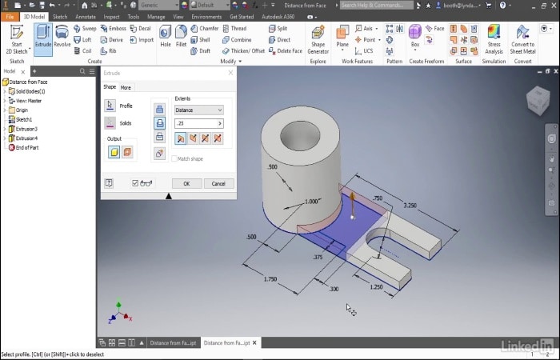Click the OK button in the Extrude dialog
pyautogui.click(x=186, y=183)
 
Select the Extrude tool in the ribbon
pyautogui.click(x=43, y=36)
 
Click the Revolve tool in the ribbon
pyautogui.click(x=62, y=36)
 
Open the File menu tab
pyautogui.click(x=10, y=16)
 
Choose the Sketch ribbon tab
pyautogui.click(x=60, y=16)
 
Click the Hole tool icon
pyautogui.click(x=166, y=36)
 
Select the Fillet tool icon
pyautogui.click(x=182, y=36)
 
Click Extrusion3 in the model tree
pyautogui.click(x=26, y=129)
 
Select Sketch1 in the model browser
pyautogui.click(x=24, y=119)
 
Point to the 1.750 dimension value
pyautogui.click(x=270, y=279)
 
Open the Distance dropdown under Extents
pyautogui.click(x=198, y=110)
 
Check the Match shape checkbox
pyautogui.click(x=174, y=158)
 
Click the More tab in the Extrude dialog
pyautogui.click(x=126, y=87)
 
